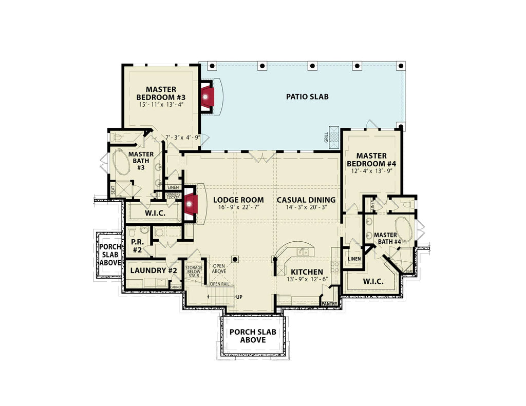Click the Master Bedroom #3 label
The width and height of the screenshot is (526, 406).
point(161,93)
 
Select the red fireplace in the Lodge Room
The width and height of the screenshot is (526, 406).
point(191,204)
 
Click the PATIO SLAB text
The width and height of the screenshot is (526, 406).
point(307,96)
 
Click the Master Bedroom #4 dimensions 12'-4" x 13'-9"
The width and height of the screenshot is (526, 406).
point(372,171)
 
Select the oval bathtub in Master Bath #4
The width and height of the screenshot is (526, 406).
point(403,228)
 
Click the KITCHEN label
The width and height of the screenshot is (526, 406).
point(307,272)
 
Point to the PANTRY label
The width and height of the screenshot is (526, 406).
point(329,303)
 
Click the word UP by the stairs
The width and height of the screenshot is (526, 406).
point(239,297)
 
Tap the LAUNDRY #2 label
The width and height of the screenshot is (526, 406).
point(154,270)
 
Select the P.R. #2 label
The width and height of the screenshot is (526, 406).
point(137,246)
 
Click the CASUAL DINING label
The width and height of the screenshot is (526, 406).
point(306,200)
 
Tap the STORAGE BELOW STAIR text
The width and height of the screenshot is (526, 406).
point(194,272)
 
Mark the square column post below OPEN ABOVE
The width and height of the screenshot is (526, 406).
point(236,259)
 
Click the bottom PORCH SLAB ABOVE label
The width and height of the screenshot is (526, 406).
point(252,336)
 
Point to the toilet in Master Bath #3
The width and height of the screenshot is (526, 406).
point(117,138)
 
